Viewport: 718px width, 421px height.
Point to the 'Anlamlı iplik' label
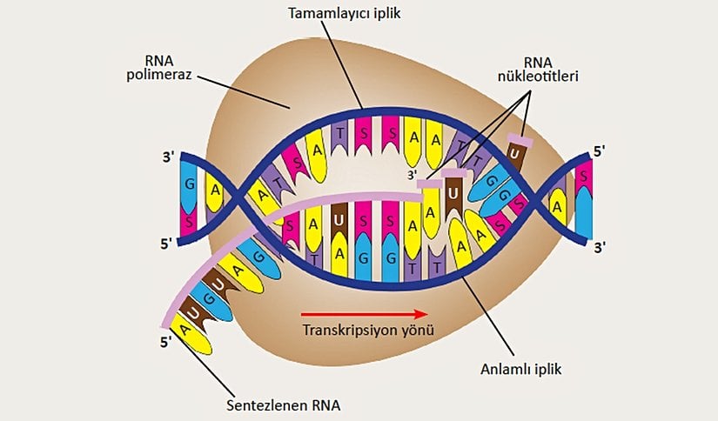tap(520, 368)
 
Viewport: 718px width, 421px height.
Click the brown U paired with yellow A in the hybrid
tap(339, 221)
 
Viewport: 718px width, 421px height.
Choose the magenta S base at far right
tap(580, 178)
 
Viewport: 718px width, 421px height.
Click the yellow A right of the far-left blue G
tap(213, 190)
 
